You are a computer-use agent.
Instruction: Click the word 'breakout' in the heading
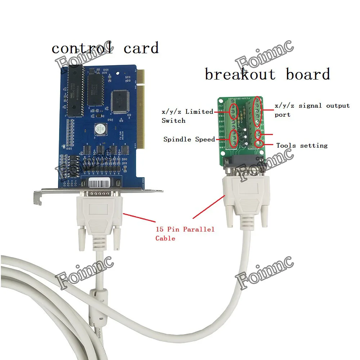(x=240, y=74)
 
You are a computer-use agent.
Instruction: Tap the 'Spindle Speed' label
(x=189, y=139)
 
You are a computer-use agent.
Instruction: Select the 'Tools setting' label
(x=302, y=145)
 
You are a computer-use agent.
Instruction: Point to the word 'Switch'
(x=174, y=121)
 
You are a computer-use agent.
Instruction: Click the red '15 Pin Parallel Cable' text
(x=185, y=233)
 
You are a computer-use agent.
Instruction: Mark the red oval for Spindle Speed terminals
(x=233, y=139)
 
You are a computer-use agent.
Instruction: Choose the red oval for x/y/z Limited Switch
(x=233, y=112)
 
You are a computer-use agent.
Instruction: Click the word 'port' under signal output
(x=282, y=115)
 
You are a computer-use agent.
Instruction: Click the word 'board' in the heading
(x=308, y=74)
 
